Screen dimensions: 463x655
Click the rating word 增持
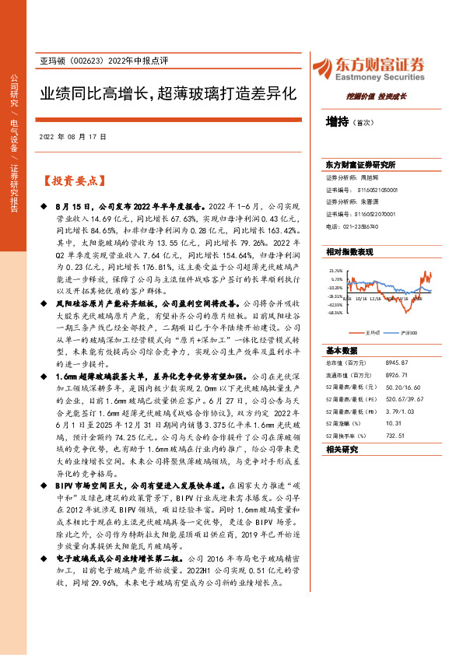coord(337,123)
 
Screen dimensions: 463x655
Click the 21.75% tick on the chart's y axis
coord(336,271)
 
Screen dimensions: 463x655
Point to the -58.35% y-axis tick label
coord(335,313)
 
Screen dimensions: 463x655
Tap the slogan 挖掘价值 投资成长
coord(377,97)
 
